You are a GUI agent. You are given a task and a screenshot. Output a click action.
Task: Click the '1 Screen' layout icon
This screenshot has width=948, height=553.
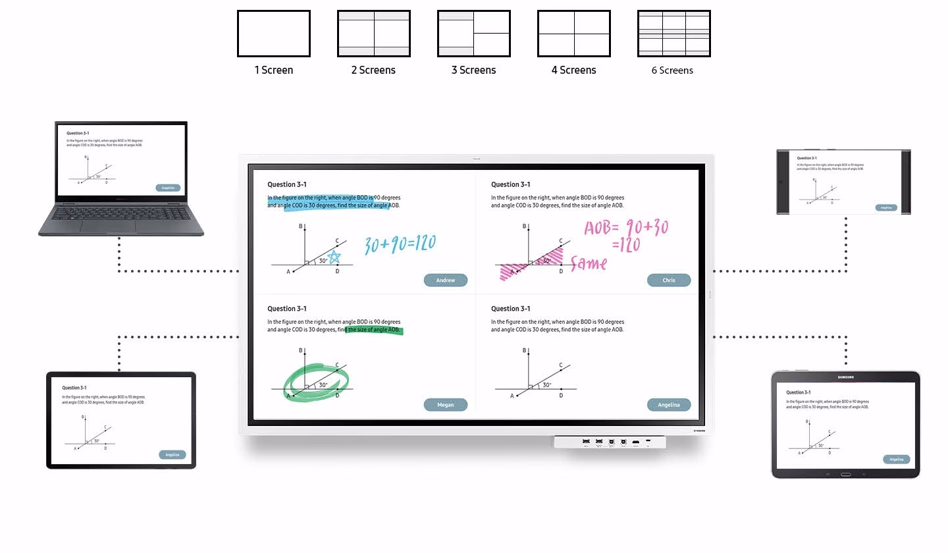pos(273,34)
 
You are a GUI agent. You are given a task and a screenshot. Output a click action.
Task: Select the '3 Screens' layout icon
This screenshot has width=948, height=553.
pos(473,34)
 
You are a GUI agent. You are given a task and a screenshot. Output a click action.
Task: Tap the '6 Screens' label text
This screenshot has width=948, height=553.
pos(672,70)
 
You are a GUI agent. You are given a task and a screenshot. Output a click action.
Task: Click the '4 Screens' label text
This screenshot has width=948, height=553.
pos(573,70)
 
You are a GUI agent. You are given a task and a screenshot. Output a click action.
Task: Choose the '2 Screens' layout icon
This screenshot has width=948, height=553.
pos(373,34)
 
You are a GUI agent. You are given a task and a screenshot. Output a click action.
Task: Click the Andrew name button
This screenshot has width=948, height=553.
pos(445,280)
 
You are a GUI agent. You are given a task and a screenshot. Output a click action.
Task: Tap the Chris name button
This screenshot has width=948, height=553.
pos(668,280)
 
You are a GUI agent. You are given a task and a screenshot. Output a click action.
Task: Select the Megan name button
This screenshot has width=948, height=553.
pos(445,405)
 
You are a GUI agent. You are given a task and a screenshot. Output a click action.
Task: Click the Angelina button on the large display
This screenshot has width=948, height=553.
pos(668,405)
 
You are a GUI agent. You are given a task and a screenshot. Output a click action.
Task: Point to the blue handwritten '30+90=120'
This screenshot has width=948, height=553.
pos(400,244)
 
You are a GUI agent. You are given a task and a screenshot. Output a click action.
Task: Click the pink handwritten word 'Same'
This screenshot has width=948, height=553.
pos(589,264)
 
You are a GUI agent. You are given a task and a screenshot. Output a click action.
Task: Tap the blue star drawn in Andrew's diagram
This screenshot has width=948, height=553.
pos(334,257)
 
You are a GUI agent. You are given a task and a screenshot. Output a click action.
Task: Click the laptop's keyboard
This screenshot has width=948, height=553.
pos(121,213)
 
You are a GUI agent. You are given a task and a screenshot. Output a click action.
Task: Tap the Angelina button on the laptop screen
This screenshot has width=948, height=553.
pos(168,188)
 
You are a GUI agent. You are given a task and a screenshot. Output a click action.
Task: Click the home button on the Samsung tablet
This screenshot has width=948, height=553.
pos(845,474)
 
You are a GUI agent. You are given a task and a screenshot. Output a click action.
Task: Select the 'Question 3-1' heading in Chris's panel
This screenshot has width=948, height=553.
pos(510,184)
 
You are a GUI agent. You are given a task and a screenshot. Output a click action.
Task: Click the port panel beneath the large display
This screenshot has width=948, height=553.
pos(610,442)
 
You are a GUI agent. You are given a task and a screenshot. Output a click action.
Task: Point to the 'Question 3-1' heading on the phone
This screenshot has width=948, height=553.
pos(806,158)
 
